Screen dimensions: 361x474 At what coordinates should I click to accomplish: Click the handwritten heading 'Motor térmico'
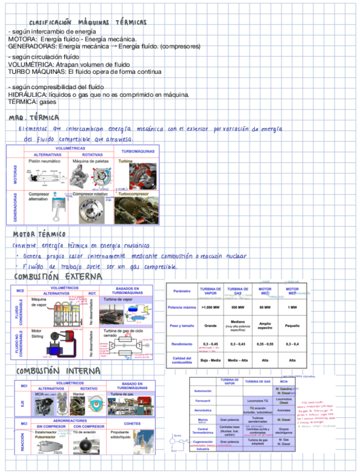(39, 234)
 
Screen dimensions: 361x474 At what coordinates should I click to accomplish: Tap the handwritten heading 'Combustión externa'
(59, 277)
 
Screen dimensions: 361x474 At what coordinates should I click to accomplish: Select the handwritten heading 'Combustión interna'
(58, 371)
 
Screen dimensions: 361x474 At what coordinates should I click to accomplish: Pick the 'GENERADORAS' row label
(15, 207)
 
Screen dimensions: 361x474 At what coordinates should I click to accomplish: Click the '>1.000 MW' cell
(210, 307)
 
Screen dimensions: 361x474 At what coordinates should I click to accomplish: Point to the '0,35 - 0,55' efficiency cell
(265, 344)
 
